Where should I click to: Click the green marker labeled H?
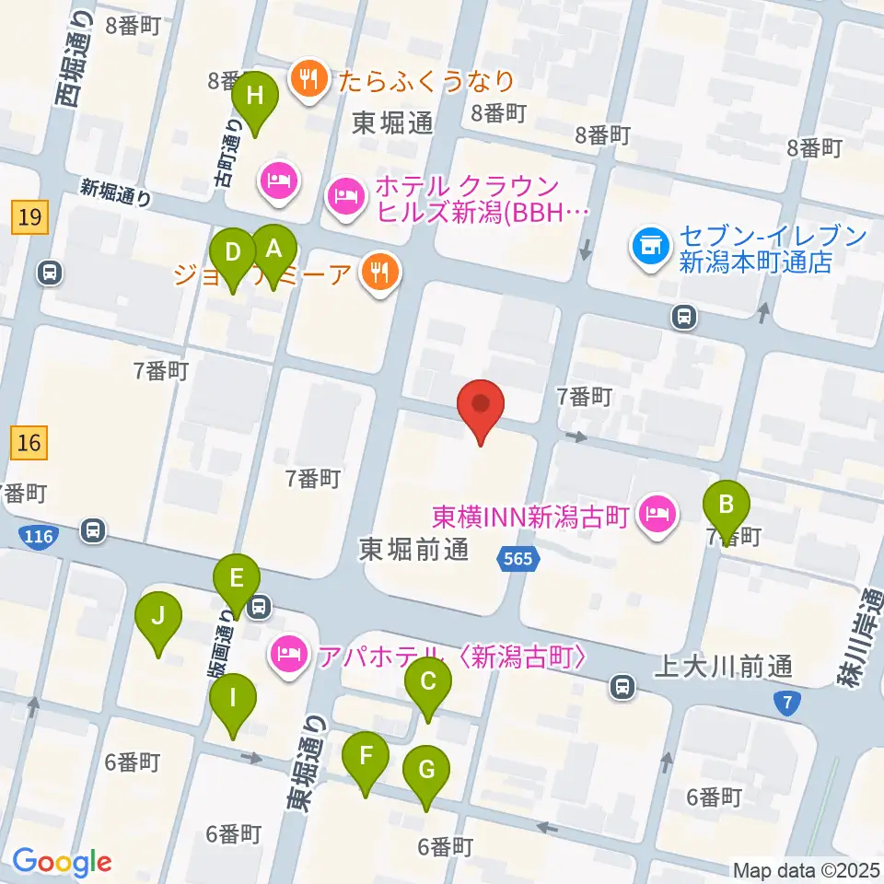(x=255, y=97)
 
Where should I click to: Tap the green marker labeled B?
(x=727, y=506)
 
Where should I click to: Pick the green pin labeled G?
(x=426, y=770)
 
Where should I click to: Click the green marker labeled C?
(x=428, y=683)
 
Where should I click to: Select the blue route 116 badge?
(x=39, y=535)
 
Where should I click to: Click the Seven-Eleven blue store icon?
(x=649, y=246)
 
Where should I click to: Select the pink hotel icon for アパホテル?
(x=289, y=656)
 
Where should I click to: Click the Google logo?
(x=62, y=862)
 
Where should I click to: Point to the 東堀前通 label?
(x=413, y=550)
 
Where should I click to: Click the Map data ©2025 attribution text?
(x=806, y=869)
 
